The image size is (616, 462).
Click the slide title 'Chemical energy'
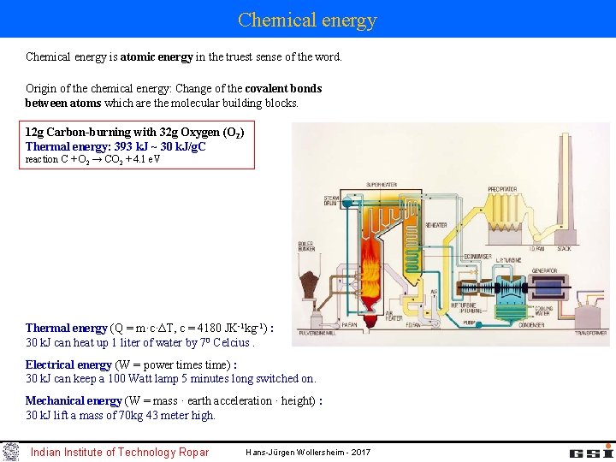[307, 19]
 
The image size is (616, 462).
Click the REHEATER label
[435, 224]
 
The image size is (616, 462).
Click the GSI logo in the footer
[590, 451]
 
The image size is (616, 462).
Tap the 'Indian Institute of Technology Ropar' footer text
[120, 452]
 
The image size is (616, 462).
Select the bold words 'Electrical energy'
[68, 364]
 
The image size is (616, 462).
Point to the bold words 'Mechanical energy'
[73, 400]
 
